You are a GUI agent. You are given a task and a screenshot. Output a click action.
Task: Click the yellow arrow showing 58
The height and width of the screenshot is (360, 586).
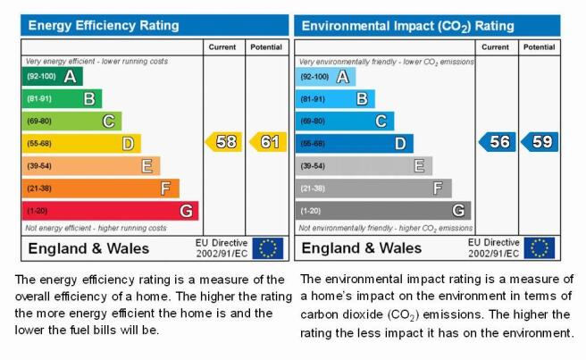pyautogui.click(x=223, y=142)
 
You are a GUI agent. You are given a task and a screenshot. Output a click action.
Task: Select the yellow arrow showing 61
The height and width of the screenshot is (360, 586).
pyautogui.click(x=268, y=142)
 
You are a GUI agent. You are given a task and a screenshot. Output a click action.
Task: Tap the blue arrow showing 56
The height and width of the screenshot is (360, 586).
pyautogui.click(x=497, y=142)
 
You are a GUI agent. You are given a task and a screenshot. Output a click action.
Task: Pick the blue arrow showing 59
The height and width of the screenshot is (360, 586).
pyautogui.click(x=540, y=142)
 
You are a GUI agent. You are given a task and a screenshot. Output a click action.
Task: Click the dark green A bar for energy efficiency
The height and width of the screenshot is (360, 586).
pyautogui.click(x=53, y=76)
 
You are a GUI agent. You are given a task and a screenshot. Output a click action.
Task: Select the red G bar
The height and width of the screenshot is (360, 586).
pyautogui.click(x=110, y=211)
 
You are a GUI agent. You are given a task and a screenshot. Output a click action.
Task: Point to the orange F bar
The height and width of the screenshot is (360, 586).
pyautogui.click(x=101, y=188)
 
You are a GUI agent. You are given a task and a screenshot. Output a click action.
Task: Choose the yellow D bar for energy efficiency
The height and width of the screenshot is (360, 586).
pyautogui.click(x=81, y=144)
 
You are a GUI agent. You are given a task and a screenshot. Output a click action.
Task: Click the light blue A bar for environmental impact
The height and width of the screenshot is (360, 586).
pyautogui.click(x=325, y=77)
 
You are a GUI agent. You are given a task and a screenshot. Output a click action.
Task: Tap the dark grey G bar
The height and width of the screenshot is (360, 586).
pyautogui.click(x=383, y=211)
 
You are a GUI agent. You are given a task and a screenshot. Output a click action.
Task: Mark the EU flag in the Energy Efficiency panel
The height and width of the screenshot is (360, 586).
pyautogui.click(x=268, y=248)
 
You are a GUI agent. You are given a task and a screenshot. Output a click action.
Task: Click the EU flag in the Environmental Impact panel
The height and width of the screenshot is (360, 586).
pyautogui.click(x=540, y=247)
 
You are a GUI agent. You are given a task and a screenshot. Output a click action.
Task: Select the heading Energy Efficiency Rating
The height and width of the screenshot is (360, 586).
pyautogui.click(x=104, y=25)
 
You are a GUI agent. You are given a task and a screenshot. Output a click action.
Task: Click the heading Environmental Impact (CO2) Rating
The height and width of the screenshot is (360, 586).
pyautogui.click(x=407, y=26)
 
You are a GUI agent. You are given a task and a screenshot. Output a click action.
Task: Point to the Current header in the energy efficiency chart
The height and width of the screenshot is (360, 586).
pyautogui.click(x=222, y=47)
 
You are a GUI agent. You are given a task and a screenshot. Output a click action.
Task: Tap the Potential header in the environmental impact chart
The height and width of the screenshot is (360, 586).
pyautogui.click(x=539, y=47)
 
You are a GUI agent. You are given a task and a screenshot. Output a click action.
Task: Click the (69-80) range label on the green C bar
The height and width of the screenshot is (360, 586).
pyautogui.click(x=39, y=121)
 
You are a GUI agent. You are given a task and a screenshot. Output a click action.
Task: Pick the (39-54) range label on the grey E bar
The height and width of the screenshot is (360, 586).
pyautogui.click(x=313, y=166)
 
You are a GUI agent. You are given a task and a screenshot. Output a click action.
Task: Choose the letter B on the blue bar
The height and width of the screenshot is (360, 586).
pyautogui.click(x=362, y=99)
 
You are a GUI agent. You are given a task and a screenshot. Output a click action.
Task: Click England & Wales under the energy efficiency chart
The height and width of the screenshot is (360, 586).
pyautogui.click(x=88, y=248)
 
